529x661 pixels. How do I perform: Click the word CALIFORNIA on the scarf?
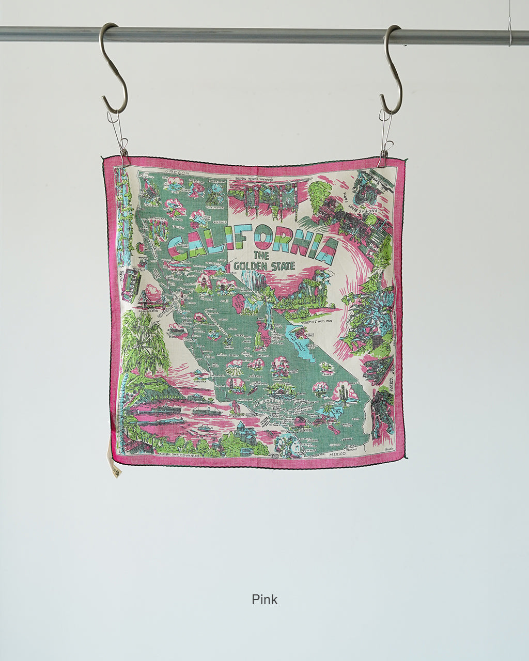(x=253, y=242)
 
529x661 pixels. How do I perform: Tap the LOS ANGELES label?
(x=273, y=400)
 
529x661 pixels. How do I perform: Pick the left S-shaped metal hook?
(x=113, y=67)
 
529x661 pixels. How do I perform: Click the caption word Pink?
(x=264, y=600)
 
